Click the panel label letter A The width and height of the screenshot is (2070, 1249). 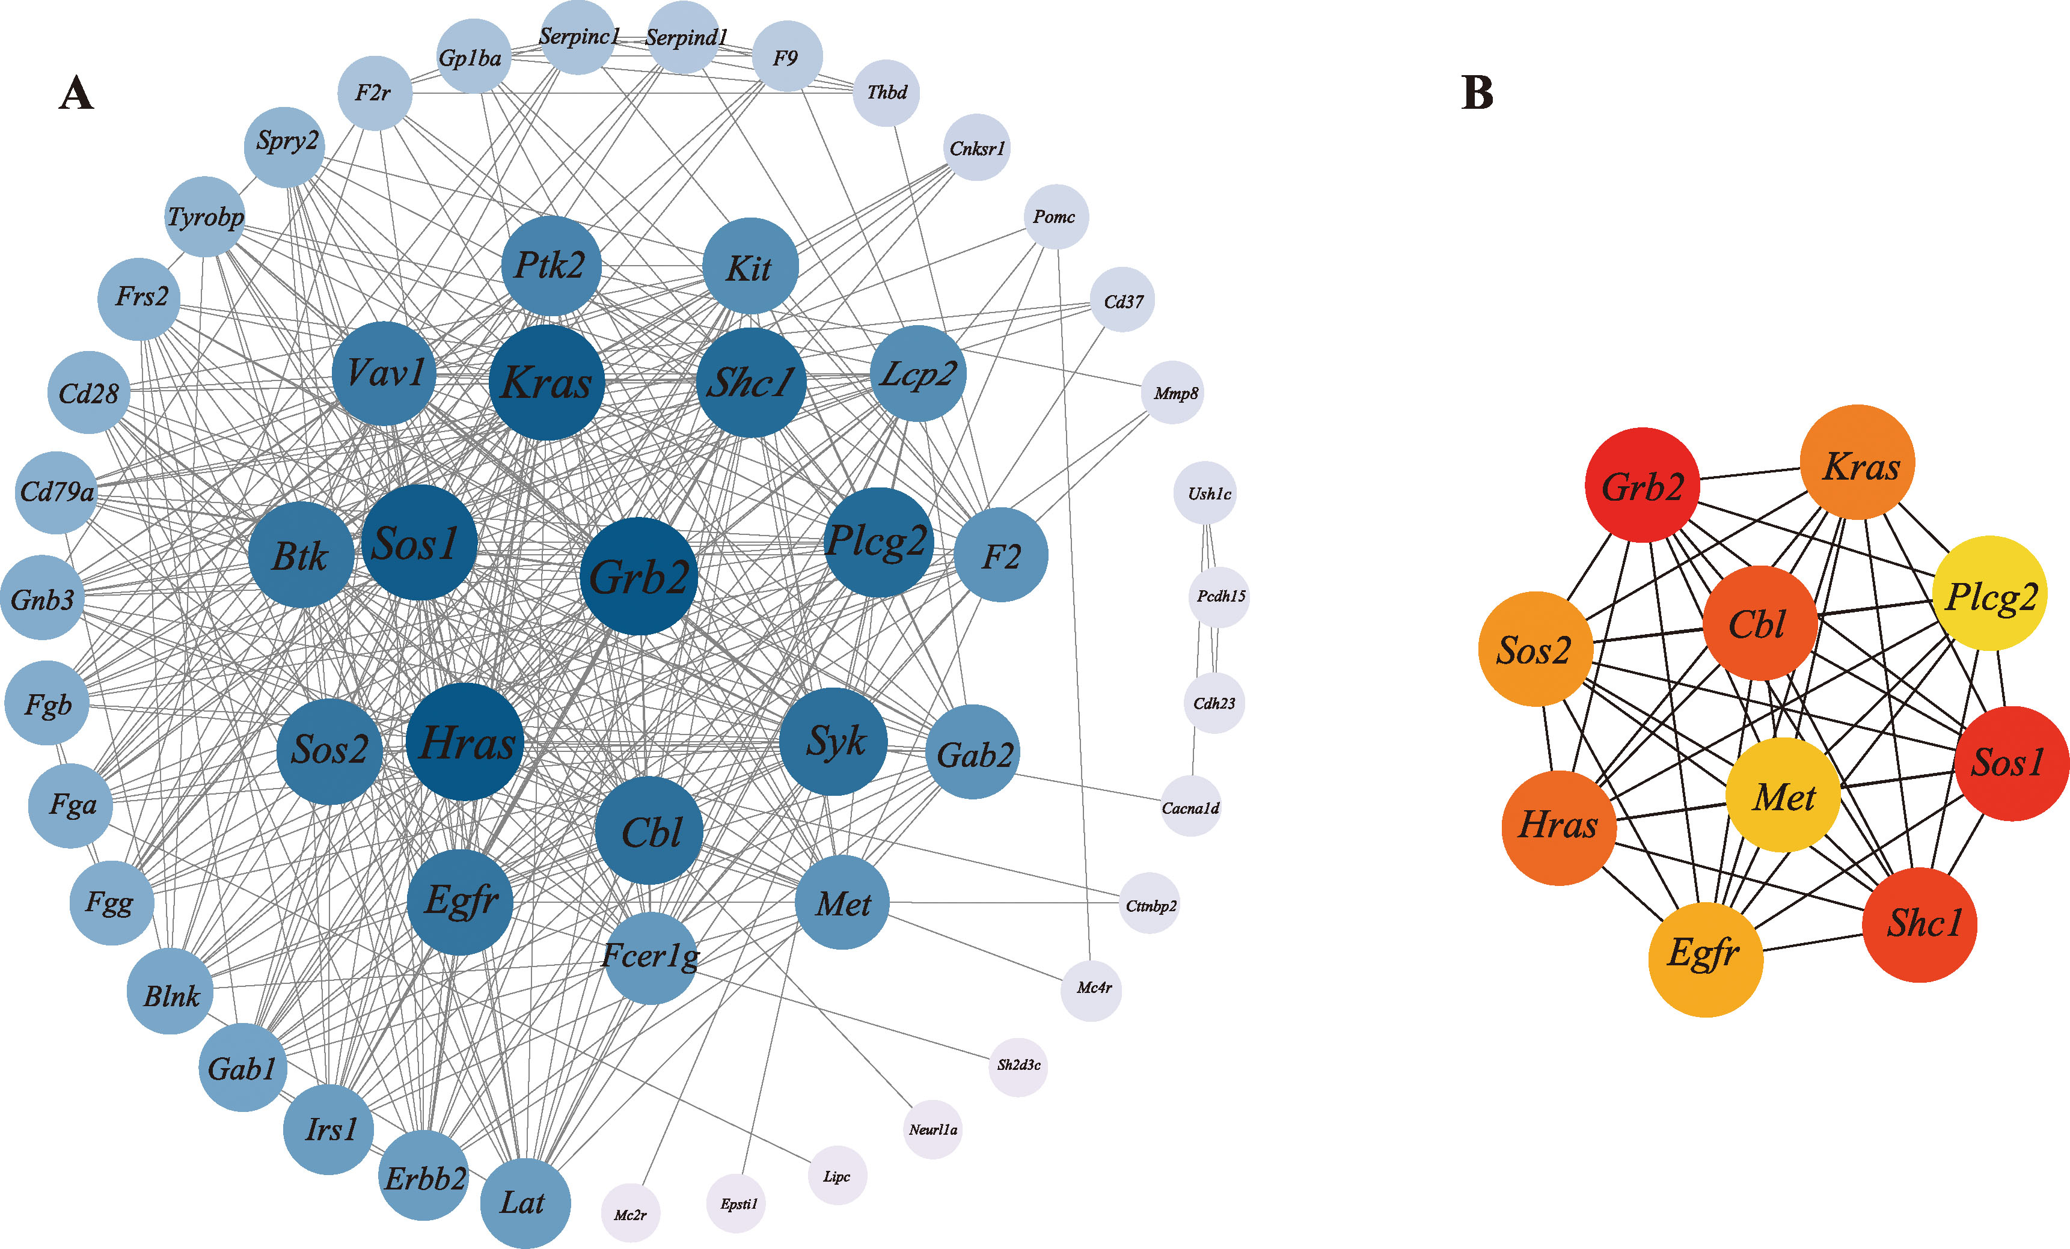pyautogui.click(x=76, y=93)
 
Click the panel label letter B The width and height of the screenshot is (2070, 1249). pyautogui.click(x=1477, y=93)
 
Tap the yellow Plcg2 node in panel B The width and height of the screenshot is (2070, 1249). pyautogui.click(x=1990, y=594)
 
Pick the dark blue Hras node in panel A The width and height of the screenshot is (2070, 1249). pyautogui.click(x=465, y=742)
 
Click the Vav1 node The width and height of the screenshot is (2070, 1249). pyautogui.click(x=384, y=373)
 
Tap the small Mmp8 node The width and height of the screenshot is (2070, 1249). pyautogui.click(x=1173, y=392)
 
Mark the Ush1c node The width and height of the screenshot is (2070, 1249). pyautogui.click(x=1205, y=493)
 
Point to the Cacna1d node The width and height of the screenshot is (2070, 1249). pyautogui.click(x=1190, y=807)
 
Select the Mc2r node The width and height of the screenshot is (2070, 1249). pyautogui.click(x=630, y=1214)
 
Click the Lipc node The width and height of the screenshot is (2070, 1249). pyautogui.click(x=837, y=1176)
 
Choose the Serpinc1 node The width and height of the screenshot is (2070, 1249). pyautogui.click(x=578, y=37)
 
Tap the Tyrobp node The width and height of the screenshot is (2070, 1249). pyautogui.click(x=205, y=217)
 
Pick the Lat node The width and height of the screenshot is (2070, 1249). pyautogui.click(x=525, y=1203)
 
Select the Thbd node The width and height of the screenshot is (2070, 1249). pyautogui.click(x=886, y=93)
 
